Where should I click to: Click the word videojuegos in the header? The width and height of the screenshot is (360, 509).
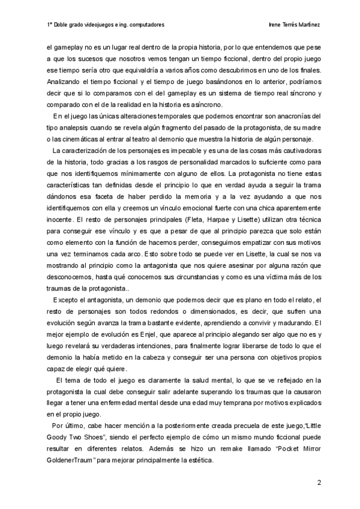[x=97, y=25]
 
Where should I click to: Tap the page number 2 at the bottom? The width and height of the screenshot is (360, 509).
[x=319, y=482]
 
